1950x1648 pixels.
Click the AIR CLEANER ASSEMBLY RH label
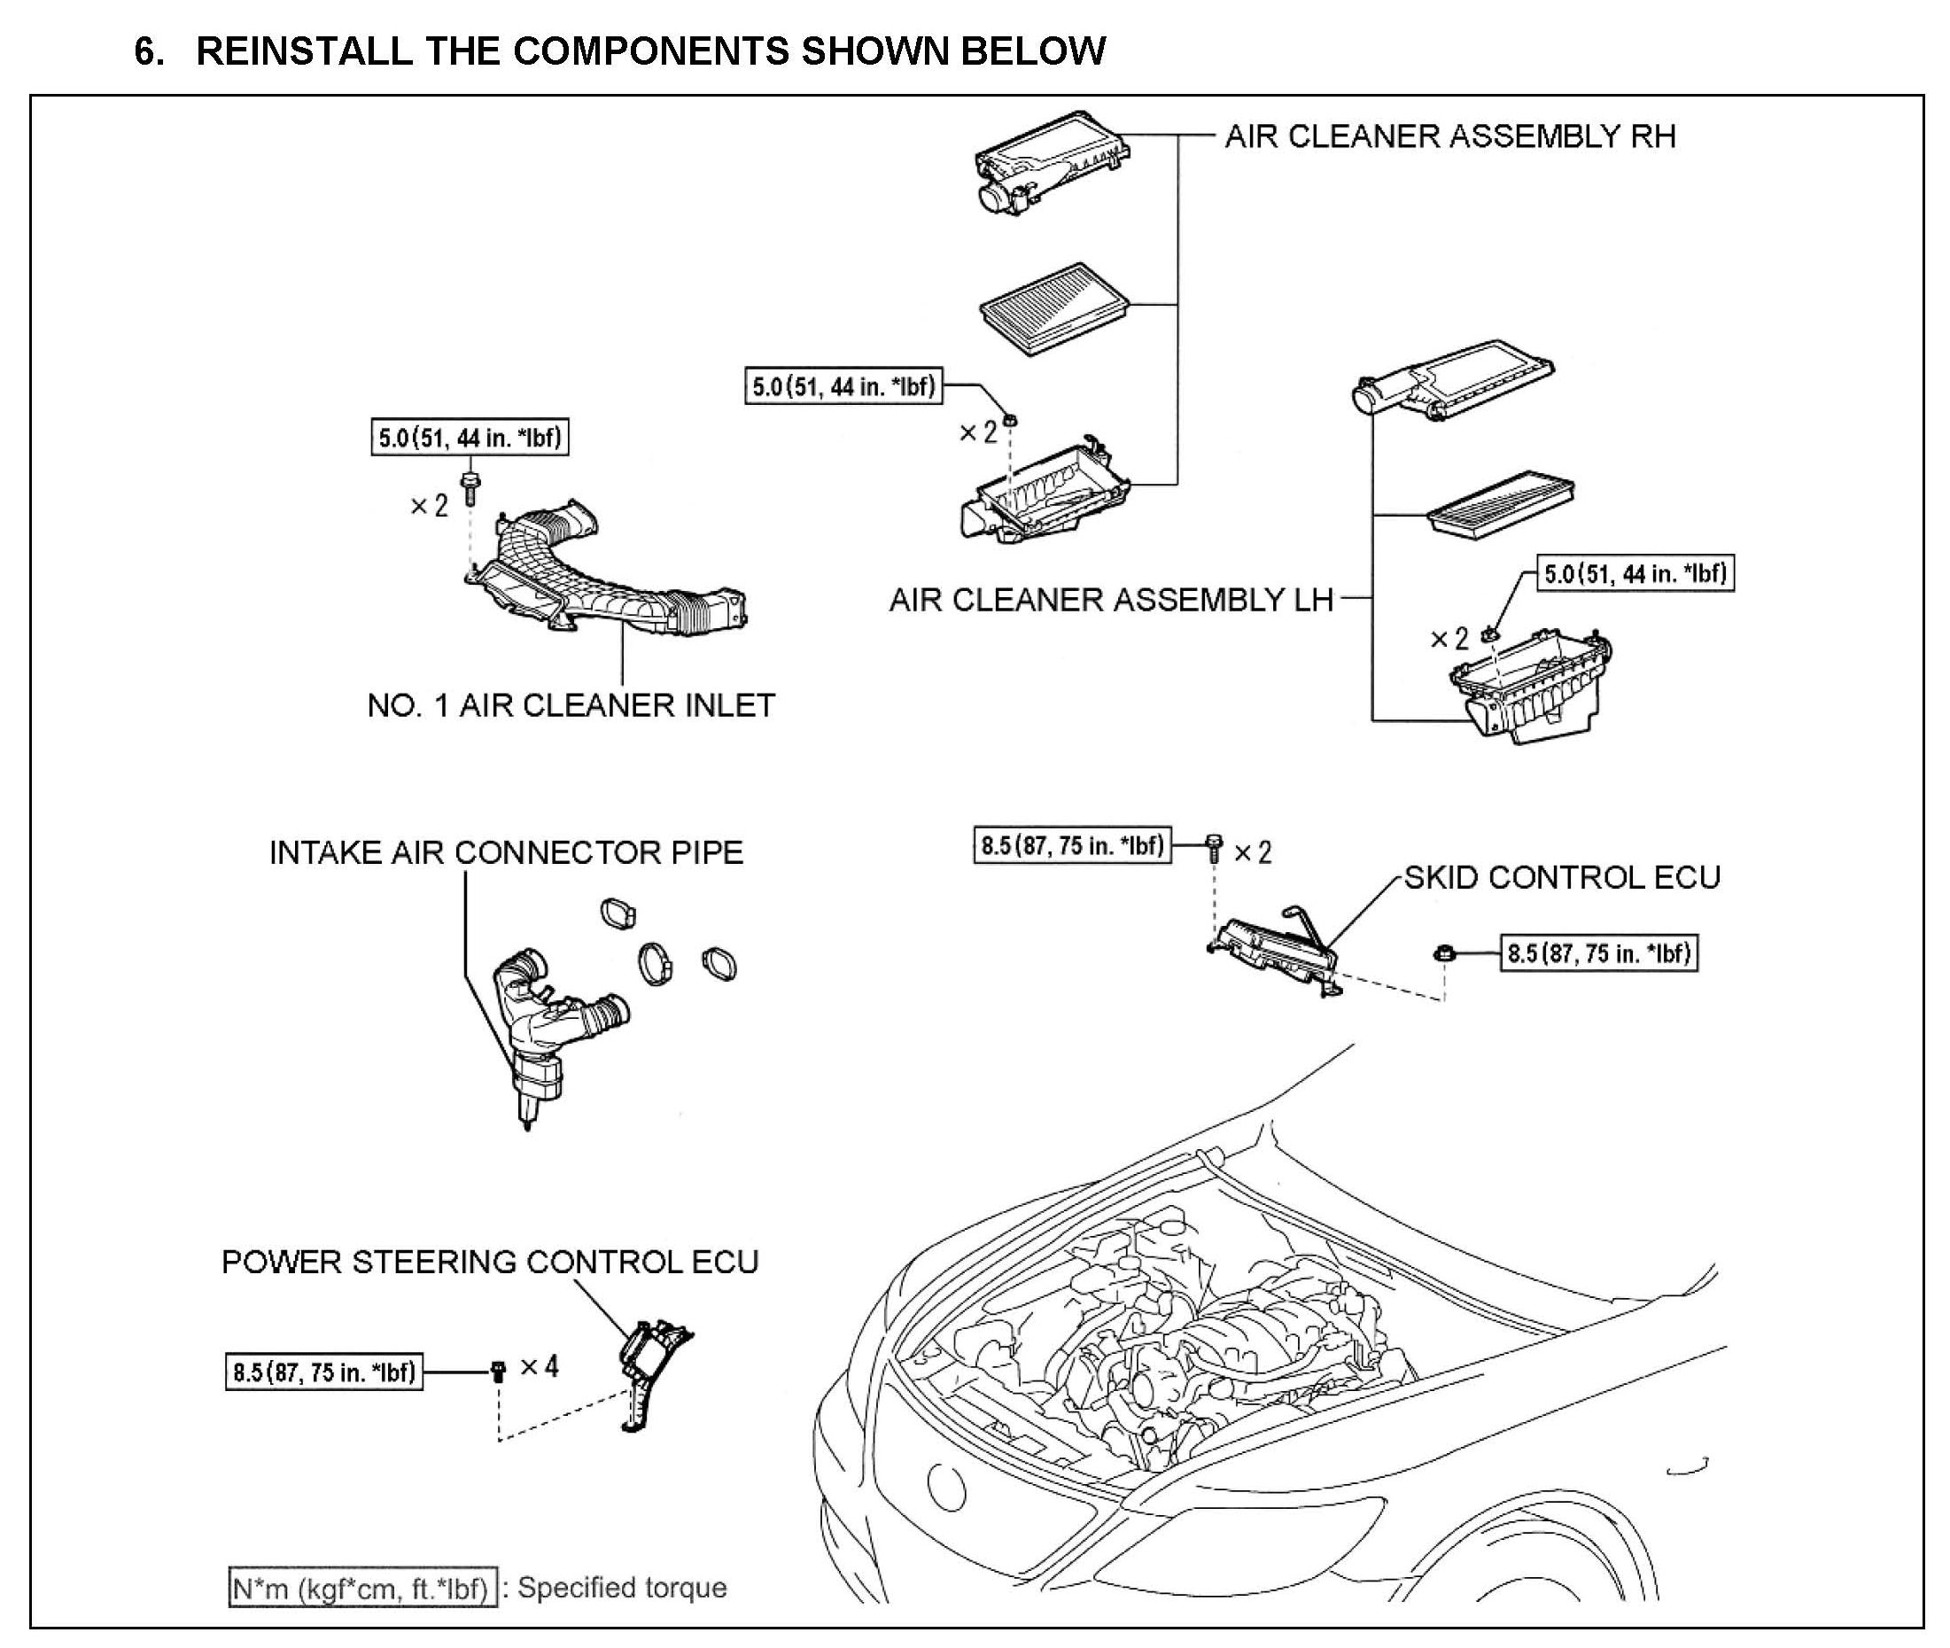click(x=1449, y=136)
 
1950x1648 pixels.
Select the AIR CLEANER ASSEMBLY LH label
click(x=1110, y=600)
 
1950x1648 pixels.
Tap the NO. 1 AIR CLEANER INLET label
click(x=570, y=705)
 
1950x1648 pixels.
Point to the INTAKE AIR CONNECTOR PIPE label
click(x=506, y=852)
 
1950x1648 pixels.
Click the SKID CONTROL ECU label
click(x=1561, y=877)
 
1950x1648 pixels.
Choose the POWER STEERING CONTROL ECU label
click(x=490, y=1263)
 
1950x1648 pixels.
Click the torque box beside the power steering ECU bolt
click(x=323, y=1372)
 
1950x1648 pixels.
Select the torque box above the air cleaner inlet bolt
click(x=469, y=437)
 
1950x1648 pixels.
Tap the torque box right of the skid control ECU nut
click(x=1598, y=954)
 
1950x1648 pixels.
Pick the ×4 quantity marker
click(x=540, y=1367)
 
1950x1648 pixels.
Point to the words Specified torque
click(x=622, y=1587)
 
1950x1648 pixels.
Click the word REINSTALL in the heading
click(x=304, y=51)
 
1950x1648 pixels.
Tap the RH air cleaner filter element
click(x=1054, y=308)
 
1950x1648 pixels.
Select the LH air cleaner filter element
click(x=1500, y=501)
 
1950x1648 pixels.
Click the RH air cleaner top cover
click(x=1050, y=161)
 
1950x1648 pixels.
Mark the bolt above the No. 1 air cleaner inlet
click(x=470, y=487)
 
